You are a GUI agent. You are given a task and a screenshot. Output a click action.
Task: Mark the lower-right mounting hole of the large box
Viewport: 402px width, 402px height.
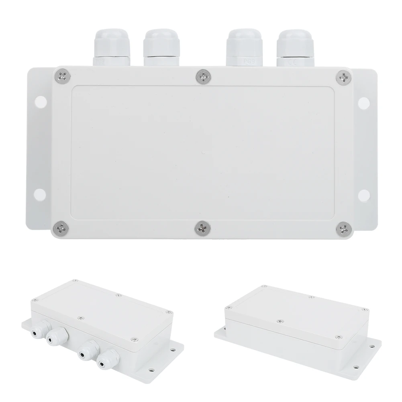pos(364,194)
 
